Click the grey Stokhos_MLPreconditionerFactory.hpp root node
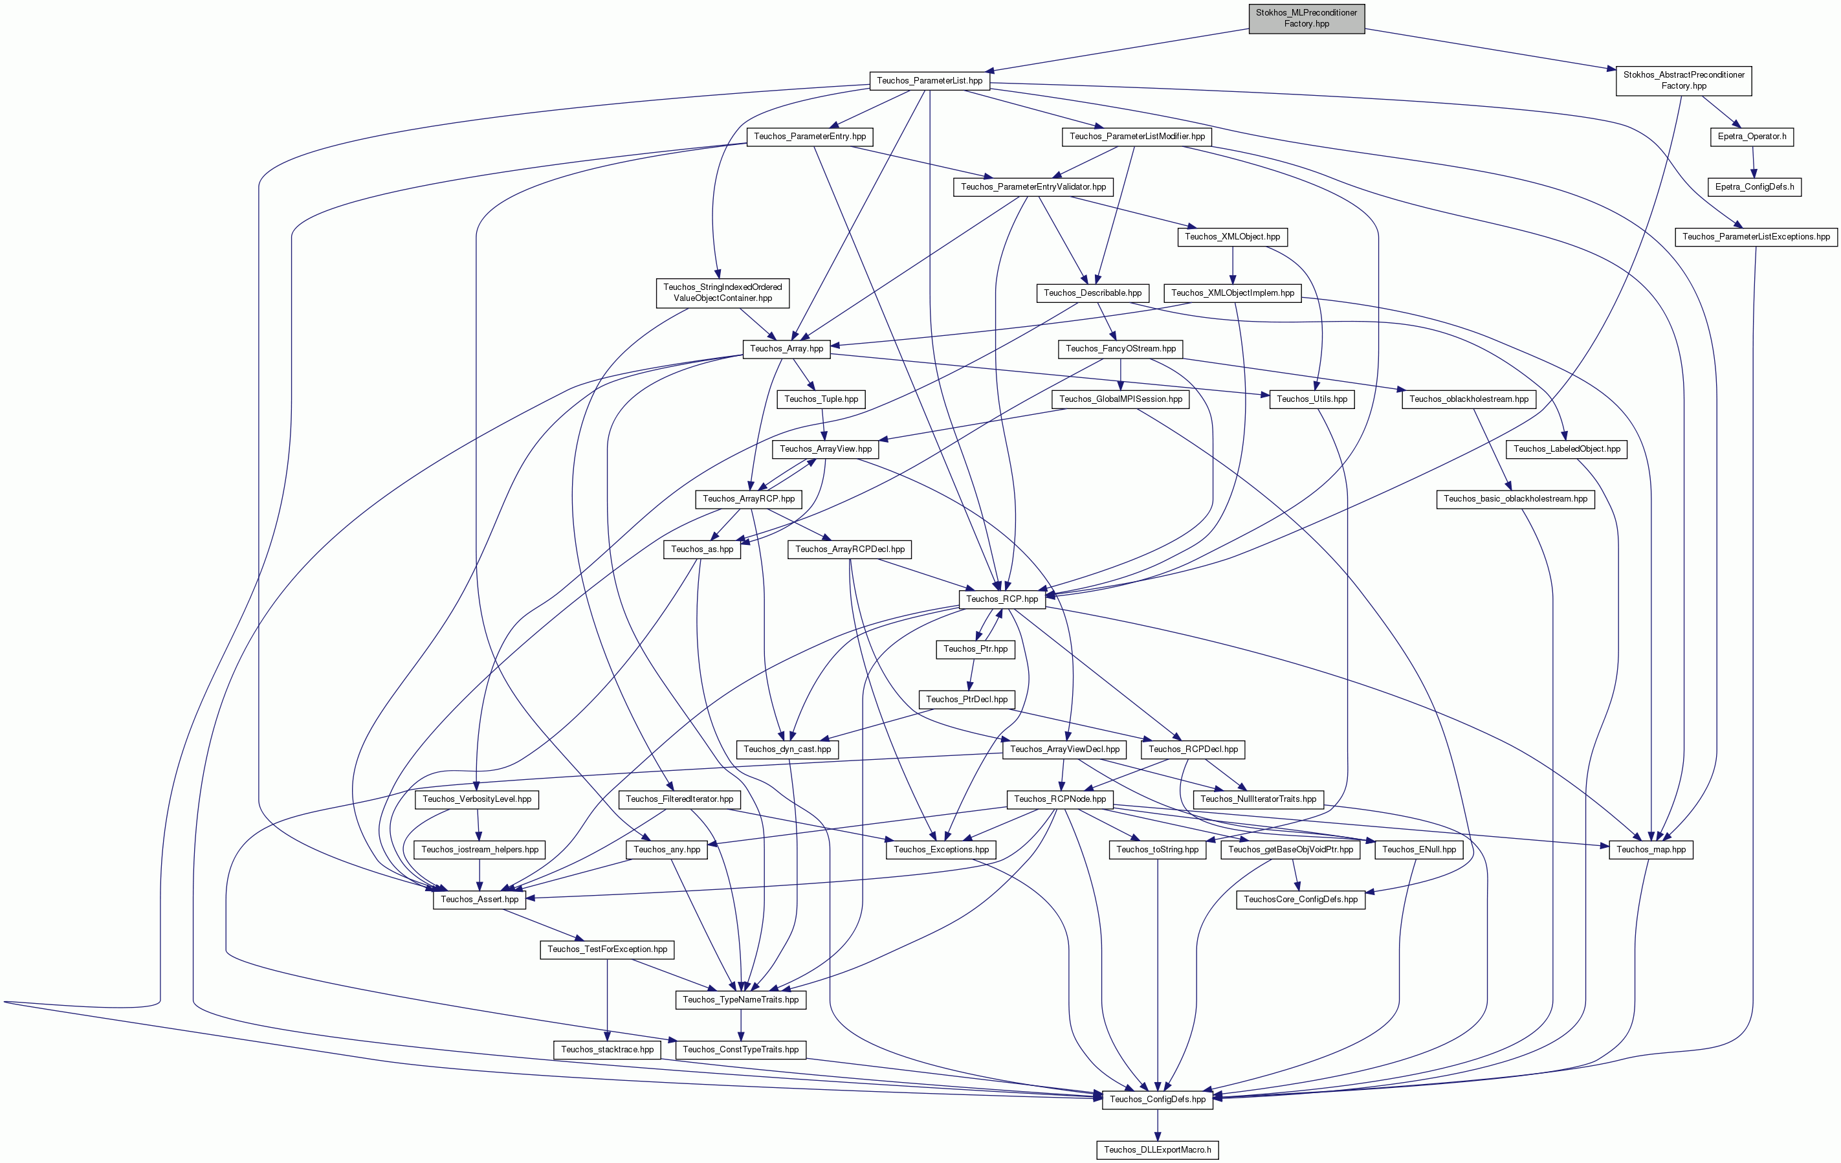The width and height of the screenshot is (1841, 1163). pos(1306,18)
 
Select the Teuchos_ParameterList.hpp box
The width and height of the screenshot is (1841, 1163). pos(930,80)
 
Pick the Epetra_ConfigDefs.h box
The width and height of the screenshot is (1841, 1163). pos(1754,186)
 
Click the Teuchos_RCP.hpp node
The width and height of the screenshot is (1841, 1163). pos(1002,599)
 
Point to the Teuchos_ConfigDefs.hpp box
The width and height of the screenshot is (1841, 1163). pos(1158,1099)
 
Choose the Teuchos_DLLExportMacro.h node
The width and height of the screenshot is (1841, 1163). pos(1158,1149)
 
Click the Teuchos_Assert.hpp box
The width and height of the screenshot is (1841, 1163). pos(480,899)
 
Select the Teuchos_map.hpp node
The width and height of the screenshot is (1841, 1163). pos(1651,850)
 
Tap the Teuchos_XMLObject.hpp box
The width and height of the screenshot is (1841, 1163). pos(1233,236)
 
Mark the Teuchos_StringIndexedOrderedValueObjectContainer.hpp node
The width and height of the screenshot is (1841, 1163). pos(722,293)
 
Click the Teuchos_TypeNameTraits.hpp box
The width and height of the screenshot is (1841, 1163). pos(741,999)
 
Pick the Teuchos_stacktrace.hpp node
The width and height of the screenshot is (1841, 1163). pos(607,1049)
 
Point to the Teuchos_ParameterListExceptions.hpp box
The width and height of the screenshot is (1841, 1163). pos(1756,236)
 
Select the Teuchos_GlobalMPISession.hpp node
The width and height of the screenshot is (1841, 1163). pos(1121,399)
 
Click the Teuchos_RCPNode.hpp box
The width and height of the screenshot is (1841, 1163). pos(1060,799)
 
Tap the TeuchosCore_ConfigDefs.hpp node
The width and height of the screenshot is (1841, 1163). pos(1301,899)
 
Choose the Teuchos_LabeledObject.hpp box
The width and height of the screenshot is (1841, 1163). pos(1567,449)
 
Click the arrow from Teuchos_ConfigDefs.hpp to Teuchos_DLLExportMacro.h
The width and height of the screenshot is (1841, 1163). pos(1158,1124)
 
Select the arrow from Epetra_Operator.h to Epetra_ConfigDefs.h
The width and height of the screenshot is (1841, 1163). pos(1754,161)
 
